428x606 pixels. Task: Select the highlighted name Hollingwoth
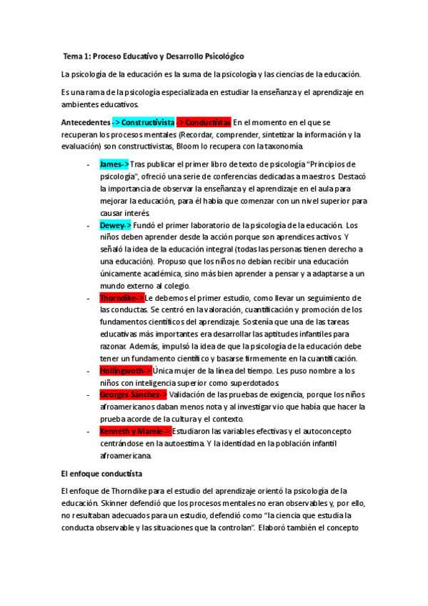point(124,370)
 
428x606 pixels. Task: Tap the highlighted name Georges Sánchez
point(133,394)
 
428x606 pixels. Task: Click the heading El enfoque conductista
point(101,473)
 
